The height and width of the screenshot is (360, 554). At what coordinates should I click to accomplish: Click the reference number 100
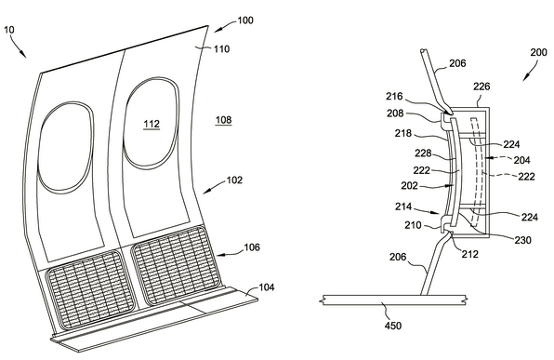245,20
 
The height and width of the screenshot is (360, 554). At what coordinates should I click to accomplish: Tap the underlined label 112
152,124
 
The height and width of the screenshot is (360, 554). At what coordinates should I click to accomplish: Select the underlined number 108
224,120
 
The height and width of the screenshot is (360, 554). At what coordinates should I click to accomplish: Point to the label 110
221,48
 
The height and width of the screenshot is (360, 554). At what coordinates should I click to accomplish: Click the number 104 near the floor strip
267,287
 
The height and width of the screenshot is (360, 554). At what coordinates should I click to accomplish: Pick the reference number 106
252,247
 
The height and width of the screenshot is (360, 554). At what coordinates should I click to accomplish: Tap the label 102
234,180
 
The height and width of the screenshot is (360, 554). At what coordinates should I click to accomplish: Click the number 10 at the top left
9,30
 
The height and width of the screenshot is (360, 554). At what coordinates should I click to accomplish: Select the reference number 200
538,52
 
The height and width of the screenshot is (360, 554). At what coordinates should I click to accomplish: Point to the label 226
481,87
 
